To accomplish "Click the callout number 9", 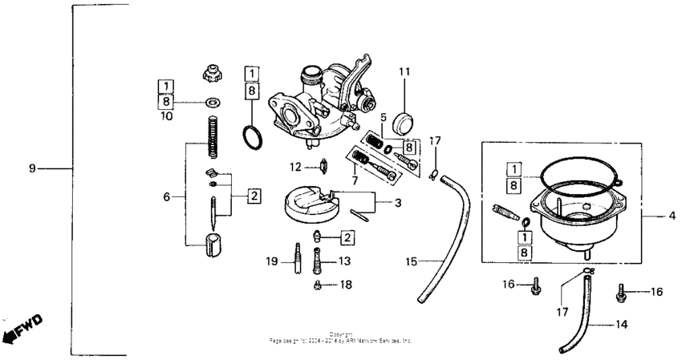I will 32,168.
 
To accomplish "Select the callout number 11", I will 405,71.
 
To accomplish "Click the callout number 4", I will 672,215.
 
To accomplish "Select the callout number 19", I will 273,261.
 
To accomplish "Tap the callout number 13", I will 344,261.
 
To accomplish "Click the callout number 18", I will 345,285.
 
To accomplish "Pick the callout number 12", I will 295,168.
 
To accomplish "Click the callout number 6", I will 167,196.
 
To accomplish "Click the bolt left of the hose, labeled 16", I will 534,284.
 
